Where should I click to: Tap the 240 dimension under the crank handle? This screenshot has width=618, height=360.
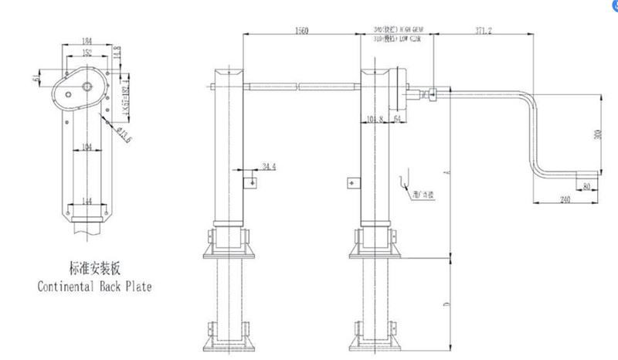564,199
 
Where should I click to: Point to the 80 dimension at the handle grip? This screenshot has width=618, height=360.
589,186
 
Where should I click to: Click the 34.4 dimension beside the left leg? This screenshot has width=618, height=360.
268,166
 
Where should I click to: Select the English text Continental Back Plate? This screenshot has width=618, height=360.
95,287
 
